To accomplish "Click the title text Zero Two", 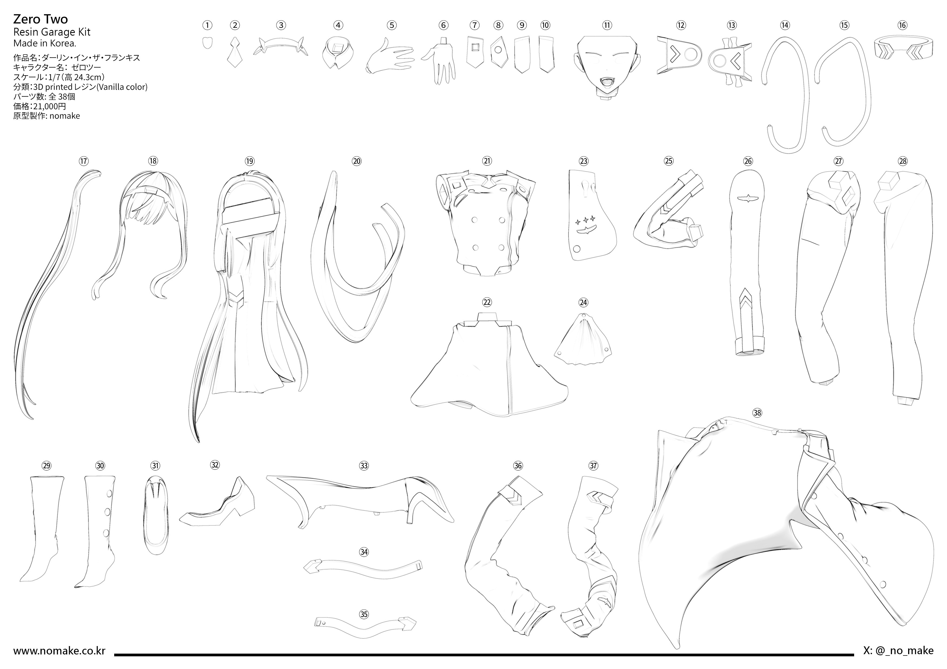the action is (40, 19).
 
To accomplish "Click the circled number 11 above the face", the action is (607, 25).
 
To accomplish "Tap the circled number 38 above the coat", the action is (757, 413).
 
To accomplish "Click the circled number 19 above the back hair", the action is (249, 161).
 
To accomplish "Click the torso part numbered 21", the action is (486, 223).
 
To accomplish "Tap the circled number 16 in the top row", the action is (902, 25).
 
